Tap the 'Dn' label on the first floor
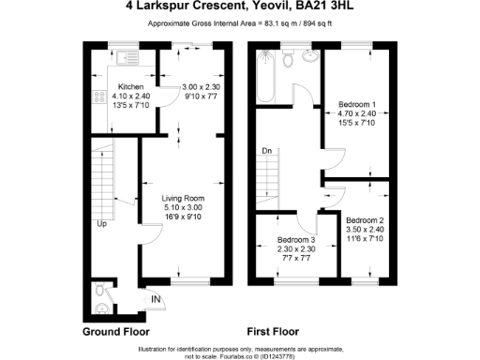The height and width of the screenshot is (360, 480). [266, 150]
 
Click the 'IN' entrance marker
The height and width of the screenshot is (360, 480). [156, 300]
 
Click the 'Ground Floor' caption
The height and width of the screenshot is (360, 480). [115, 332]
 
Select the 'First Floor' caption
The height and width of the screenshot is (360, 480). [273, 332]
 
